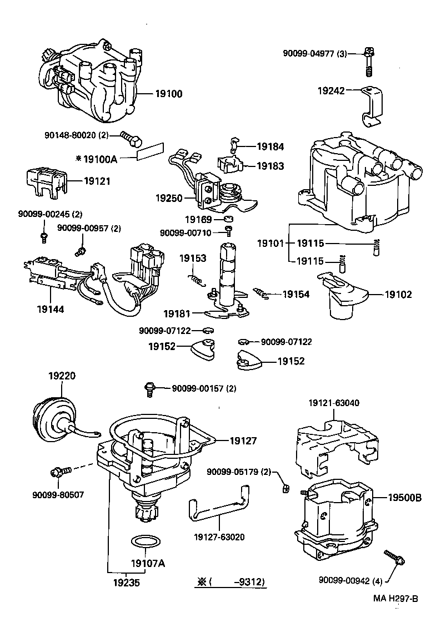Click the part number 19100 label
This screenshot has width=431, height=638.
click(166, 94)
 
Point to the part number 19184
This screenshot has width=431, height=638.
click(270, 147)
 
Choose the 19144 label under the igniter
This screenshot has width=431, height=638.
click(48, 309)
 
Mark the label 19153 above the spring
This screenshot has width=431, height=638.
click(192, 258)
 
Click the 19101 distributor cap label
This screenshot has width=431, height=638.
click(270, 244)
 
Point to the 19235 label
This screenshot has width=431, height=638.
click(126, 583)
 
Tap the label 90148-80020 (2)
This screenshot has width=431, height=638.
click(77, 135)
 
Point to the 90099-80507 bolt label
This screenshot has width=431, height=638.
click(58, 494)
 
